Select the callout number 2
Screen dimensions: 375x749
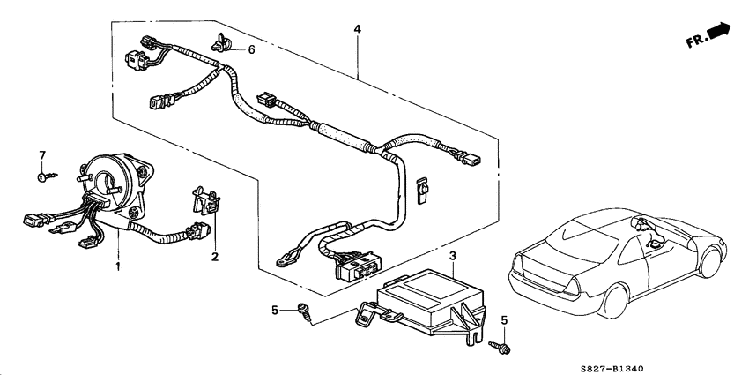click(213, 257)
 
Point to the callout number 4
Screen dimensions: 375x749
click(357, 30)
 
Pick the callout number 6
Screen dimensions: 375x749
click(251, 50)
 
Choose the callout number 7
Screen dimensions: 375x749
click(41, 156)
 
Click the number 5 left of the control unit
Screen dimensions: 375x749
click(274, 310)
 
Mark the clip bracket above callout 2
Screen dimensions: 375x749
click(207, 201)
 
